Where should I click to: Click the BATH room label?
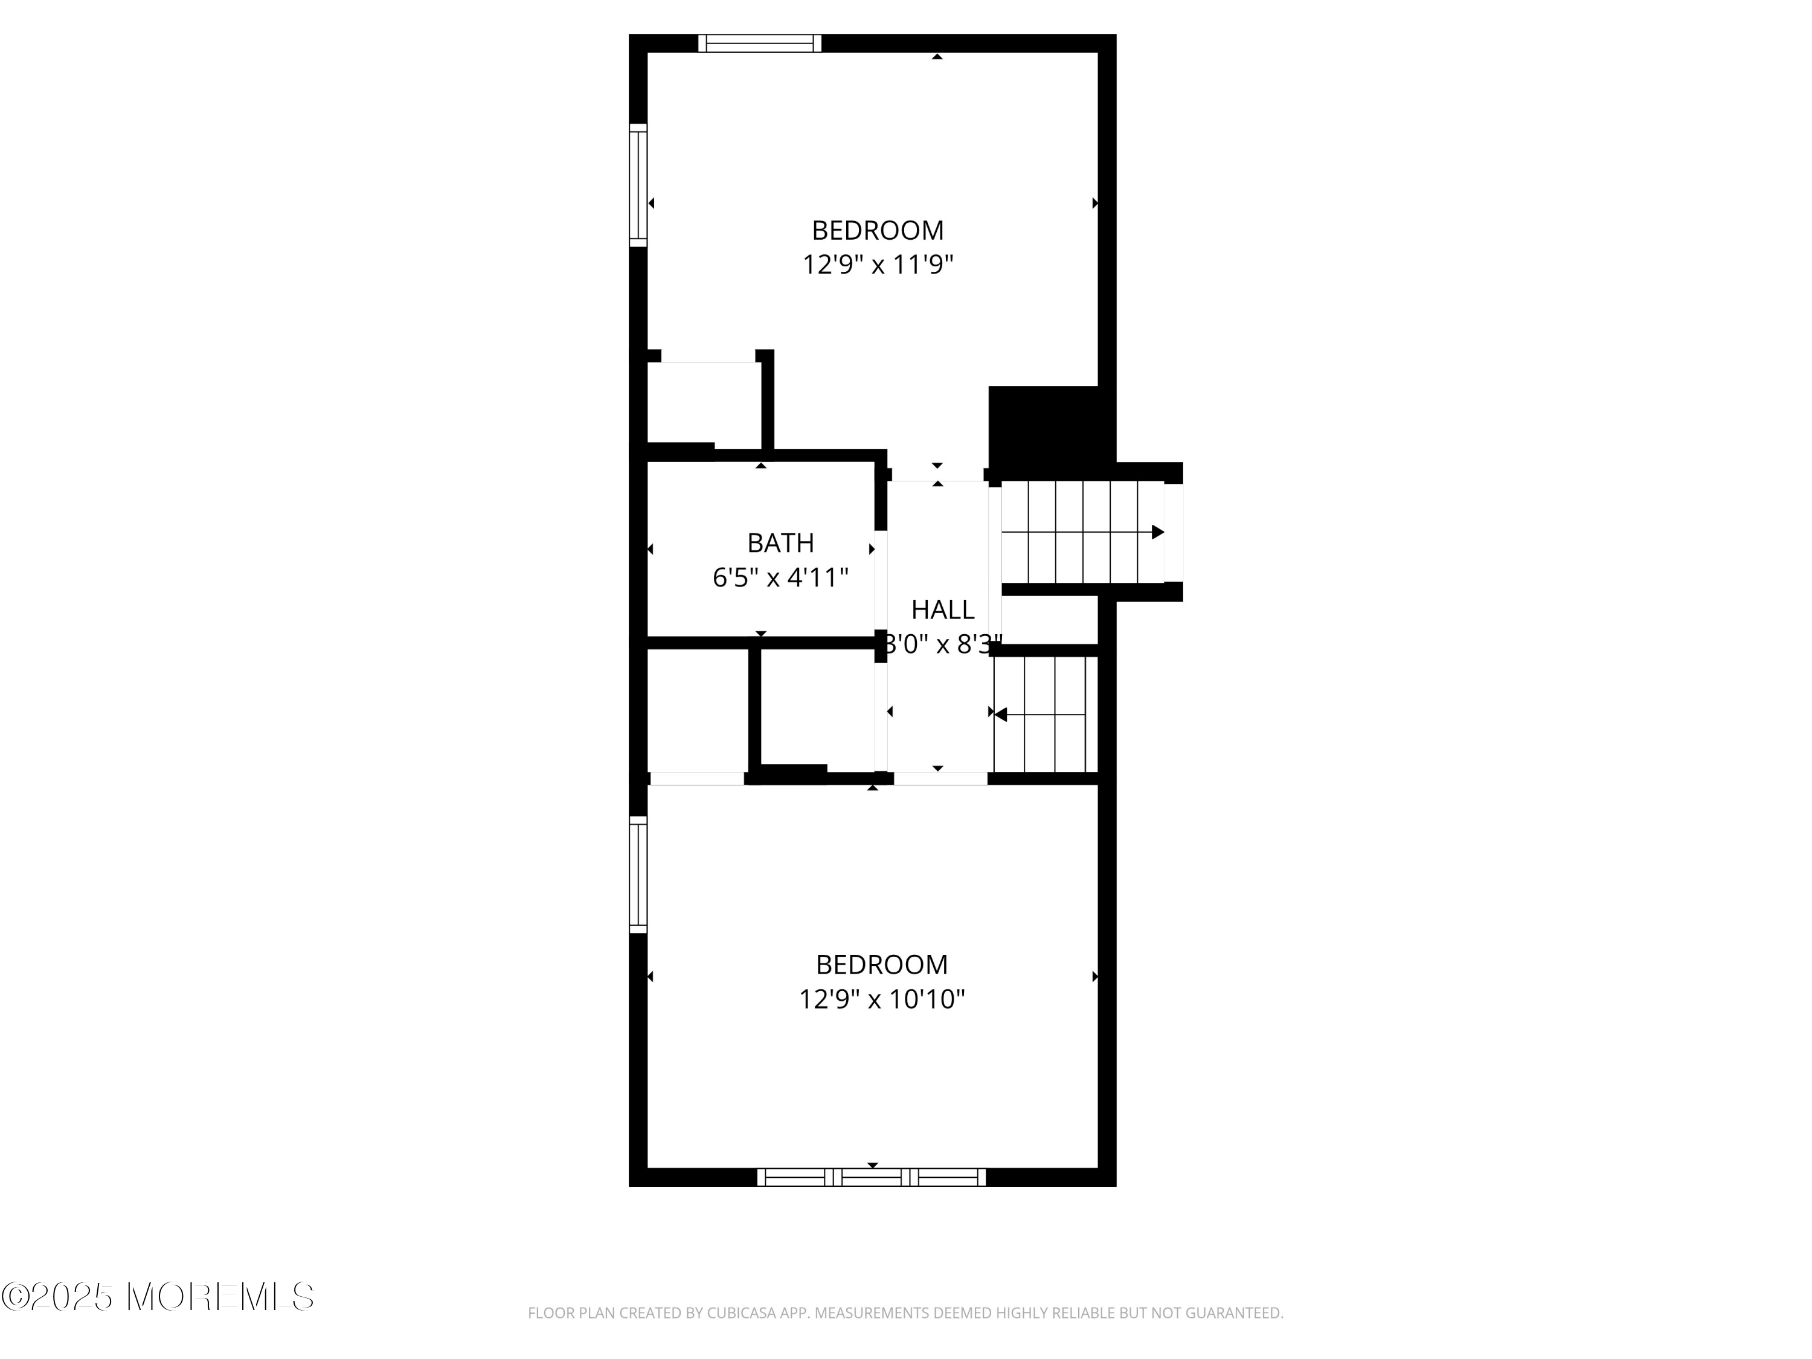pyautogui.click(x=780, y=543)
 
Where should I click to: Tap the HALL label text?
pyautogui.click(x=942, y=609)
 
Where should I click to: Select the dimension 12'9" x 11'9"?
pyautogui.click(x=878, y=265)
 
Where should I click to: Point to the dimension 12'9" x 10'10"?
pyautogui.click(x=881, y=1000)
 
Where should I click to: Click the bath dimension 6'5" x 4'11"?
pyautogui.click(x=780, y=579)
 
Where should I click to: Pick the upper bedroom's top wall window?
pyautogui.click(x=759, y=43)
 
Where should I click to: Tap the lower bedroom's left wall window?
pyautogui.click(x=638, y=874)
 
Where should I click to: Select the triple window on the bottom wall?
pyautogui.click(x=872, y=1177)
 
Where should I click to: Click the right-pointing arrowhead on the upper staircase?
pyautogui.click(x=1157, y=533)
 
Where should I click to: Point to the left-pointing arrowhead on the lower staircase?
pyautogui.click(x=1000, y=715)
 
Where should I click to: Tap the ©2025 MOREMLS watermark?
pyautogui.click(x=157, y=1297)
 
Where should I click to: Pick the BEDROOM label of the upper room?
pyautogui.click(x=878, y=230)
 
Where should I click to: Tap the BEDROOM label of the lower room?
pyautogui.click(x=881, y=964)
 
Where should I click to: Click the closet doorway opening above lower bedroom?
pyautogui.click(x=696, y=778)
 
